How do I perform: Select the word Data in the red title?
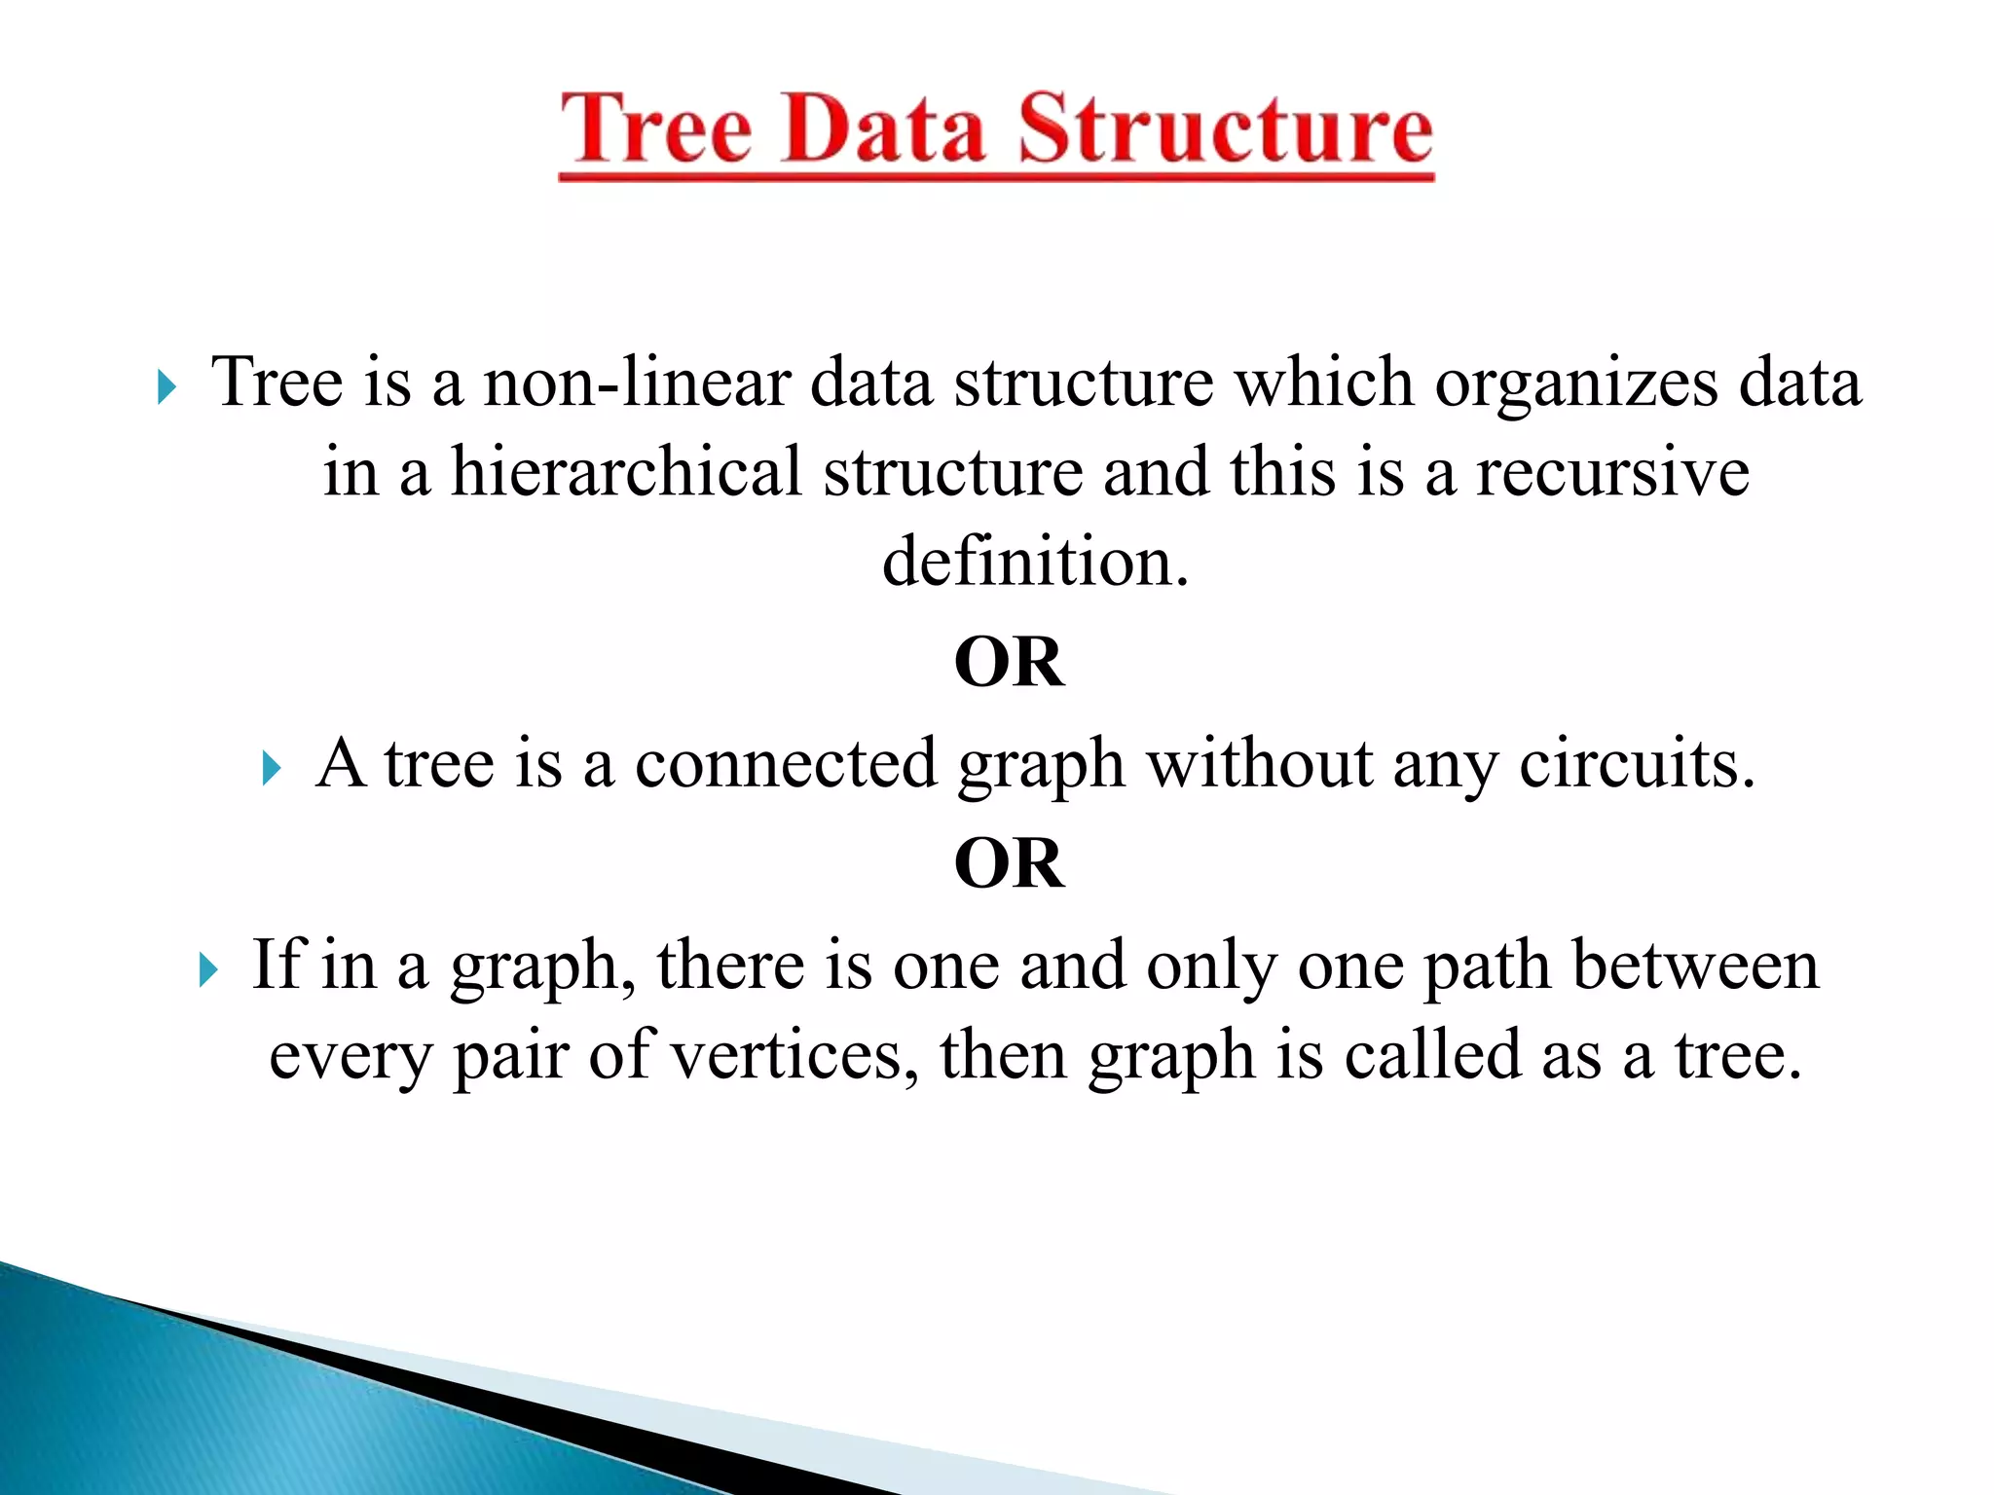tap(884, 129)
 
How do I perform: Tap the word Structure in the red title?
tap(1226, 129)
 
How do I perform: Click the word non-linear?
tap(636, 382)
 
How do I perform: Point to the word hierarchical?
tap(626, 472)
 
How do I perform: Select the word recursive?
tap(1612, 472)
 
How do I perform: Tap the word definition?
tap(1034, 563)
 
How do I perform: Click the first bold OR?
tap(1010, 663)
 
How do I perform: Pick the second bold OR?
tap(1010, 863)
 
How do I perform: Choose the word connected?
tap(785, 763)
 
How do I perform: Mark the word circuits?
tap(1637, 763)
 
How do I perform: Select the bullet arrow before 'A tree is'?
tap(272, 769)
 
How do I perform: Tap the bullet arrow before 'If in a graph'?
tap(207, 970)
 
